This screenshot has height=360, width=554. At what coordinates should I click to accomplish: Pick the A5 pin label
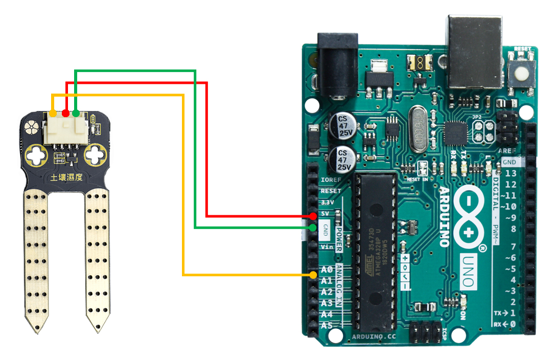pyautogui.click(x=327, y=326)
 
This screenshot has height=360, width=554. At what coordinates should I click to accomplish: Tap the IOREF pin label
pyautogui.click(x=330, y=180)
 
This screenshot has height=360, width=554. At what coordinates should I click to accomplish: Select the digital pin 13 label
pyautogui.click(x=510, y=173)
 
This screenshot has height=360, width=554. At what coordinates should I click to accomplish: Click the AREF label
pyautogui.click(x=507, y=151)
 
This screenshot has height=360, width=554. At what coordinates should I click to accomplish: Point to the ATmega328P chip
pyautogui.click(x=376, y=251)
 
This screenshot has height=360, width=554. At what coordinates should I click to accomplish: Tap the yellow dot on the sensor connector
pyautogui.click(x=53, y=113)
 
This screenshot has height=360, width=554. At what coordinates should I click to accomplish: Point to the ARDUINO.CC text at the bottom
pyautogui.click(x=374, y=337)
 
